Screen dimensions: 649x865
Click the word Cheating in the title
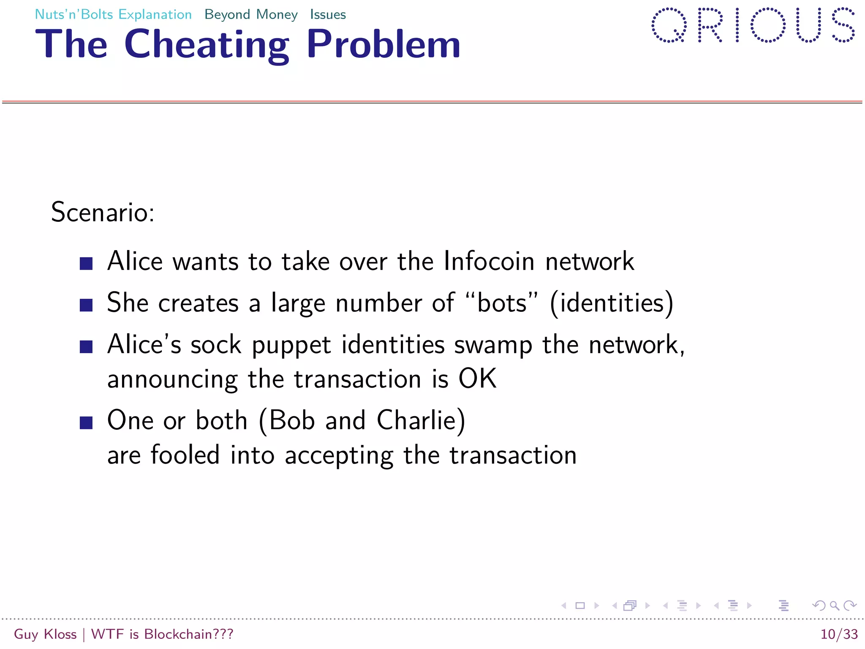coord(207,45)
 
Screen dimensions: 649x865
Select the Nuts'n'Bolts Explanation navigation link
coord(113,15)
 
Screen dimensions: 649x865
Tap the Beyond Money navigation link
coord(251,15)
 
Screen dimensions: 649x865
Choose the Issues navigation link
coord(328,15)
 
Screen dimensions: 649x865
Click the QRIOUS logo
coord(753,25)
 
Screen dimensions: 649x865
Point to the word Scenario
coord(103,212)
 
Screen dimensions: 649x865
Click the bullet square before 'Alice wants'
coord(86,264)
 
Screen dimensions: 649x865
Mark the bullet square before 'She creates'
coord(86,305)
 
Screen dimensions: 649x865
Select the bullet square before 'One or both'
coord(86,423)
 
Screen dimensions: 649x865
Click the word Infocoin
coord(489,261)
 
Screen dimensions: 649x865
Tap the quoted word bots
coord(502,303)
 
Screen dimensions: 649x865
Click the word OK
coord(477,379)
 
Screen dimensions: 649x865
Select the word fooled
coord(185,455)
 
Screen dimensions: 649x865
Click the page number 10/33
coord(839,634)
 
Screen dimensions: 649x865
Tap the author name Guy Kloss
coord(45,634)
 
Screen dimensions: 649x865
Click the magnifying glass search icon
coord(834,605)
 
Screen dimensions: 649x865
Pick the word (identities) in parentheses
coord(612,303)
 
